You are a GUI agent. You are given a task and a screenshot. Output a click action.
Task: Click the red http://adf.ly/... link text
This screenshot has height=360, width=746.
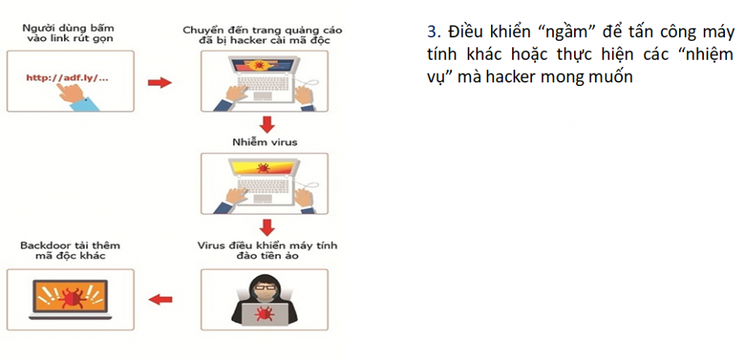click(67, 77)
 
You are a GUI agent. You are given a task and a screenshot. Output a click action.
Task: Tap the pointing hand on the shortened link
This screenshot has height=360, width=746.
click(71, 93)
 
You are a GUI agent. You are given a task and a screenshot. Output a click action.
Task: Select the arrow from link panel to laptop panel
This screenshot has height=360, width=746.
click(160, 83)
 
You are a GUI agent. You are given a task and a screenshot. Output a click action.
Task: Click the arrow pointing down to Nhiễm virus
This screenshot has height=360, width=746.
click(267, 125)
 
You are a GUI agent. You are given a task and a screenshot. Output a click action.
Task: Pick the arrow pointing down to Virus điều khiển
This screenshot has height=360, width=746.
click(267, 227)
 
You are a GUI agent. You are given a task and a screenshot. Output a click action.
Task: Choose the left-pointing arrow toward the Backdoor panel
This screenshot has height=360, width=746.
click(160, 300)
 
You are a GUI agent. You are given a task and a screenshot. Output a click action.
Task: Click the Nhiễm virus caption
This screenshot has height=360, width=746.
click(264, 142)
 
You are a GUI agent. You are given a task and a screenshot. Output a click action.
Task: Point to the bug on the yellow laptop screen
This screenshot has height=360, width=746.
click(262, 168)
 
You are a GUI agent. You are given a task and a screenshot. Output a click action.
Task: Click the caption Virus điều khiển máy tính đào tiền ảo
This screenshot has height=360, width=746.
click(267, 251)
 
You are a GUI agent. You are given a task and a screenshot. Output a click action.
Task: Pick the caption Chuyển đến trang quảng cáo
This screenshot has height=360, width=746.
click(262, 30)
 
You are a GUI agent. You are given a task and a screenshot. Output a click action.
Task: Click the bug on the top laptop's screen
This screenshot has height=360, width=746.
click(259, 64)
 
